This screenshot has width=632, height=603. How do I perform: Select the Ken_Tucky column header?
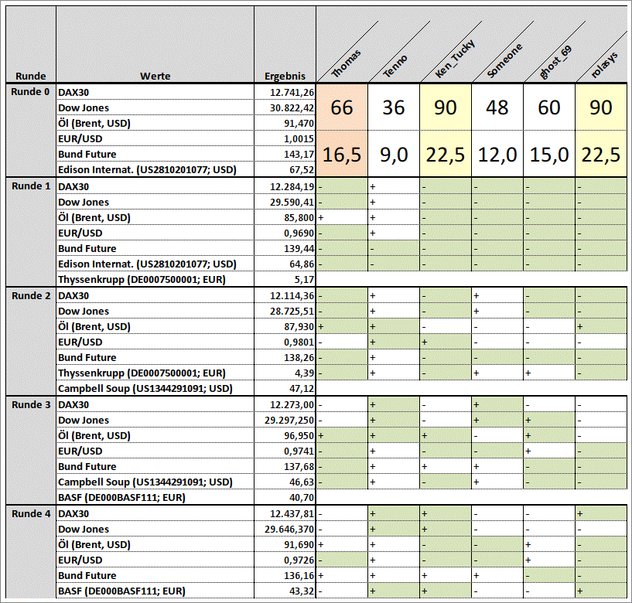pos(455,60)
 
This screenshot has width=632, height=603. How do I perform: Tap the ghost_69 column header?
pos(556,62)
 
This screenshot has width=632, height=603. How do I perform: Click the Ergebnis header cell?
pos(285,76)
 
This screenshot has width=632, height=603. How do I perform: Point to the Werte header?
pos(155,76)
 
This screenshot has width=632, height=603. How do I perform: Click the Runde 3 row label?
pos(31,404)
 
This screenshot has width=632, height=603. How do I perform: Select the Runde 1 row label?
pos(31,186)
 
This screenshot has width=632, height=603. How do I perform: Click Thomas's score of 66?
pos(342,107)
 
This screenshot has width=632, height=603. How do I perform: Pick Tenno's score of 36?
pos(394,107)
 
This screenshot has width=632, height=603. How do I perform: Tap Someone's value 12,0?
pos(497,155)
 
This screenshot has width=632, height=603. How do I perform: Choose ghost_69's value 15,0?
pos(549,155)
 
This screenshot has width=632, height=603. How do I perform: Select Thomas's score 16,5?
pos(342,155)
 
